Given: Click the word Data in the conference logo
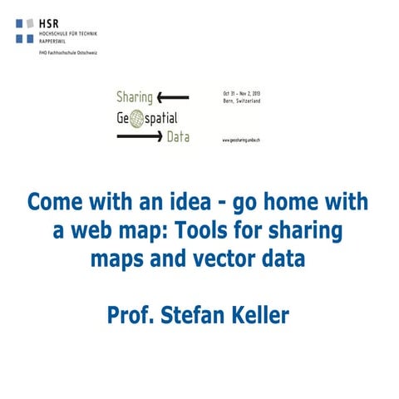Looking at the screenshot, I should coord(177,136).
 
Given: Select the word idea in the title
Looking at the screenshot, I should coord(187,203).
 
